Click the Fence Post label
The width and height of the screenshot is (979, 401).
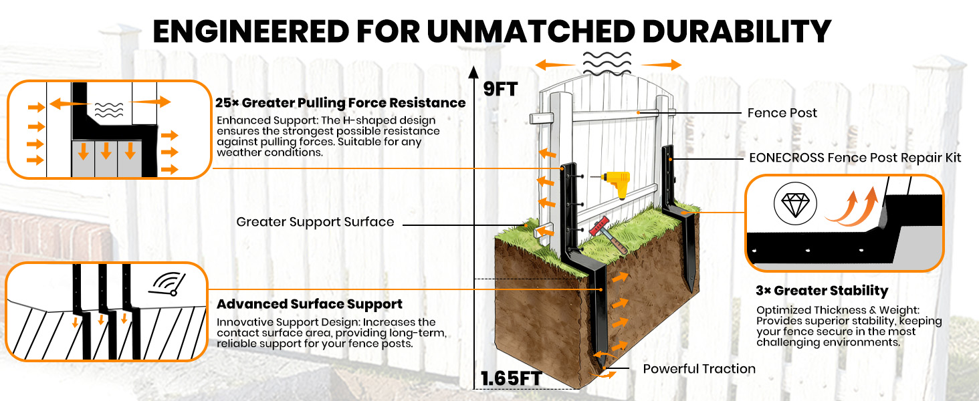point(782,113)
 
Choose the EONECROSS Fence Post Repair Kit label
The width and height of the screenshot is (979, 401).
point(855,158)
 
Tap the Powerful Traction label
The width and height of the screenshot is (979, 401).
point(699,369)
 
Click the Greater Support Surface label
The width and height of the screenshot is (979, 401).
point(315,222)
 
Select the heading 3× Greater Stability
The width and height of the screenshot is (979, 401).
point(822,291)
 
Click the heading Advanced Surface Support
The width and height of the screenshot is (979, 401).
point(309,305)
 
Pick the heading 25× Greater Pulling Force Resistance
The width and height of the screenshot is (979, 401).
point(340,103)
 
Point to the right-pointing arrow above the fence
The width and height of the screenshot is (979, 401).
point(665,65)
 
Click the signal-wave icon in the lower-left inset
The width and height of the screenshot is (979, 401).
point(167,285)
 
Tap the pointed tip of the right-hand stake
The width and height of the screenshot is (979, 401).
point(691,290)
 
